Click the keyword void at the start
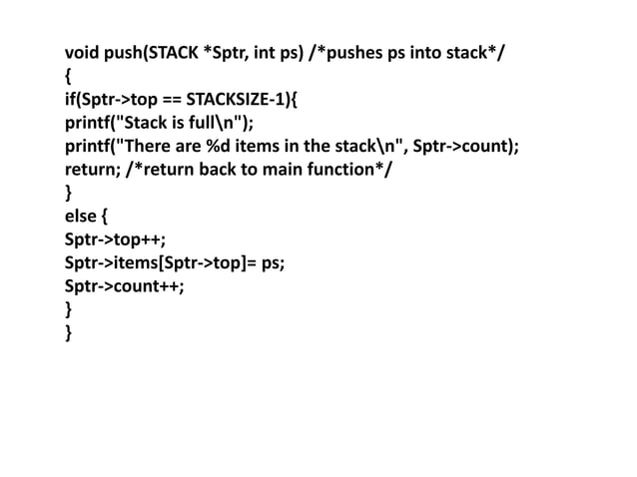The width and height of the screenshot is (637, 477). [82, 50]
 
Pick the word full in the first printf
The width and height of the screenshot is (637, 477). [207, 121]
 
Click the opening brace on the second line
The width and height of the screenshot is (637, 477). [68, 74]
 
